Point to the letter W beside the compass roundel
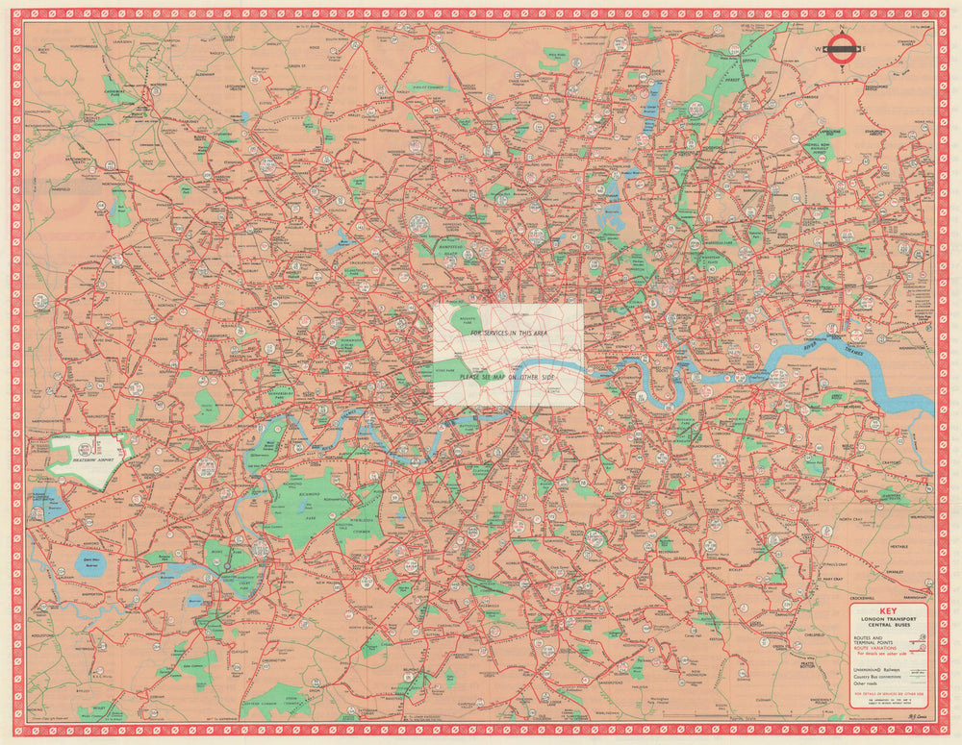click(822, 48)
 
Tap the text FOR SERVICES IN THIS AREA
click(507, 332)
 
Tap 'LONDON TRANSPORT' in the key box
click(889, 617)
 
